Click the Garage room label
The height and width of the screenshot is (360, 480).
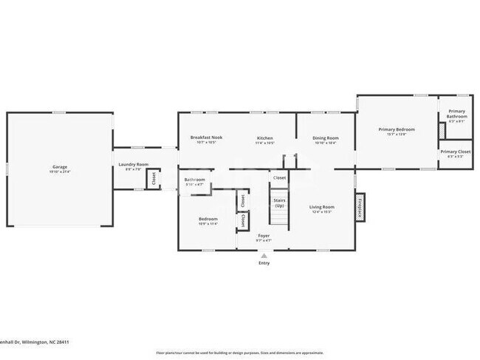point(60,166)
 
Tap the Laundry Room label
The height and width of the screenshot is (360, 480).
point(134,164)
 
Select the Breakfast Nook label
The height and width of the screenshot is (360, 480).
point(206,137)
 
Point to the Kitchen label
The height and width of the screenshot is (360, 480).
point(265,137)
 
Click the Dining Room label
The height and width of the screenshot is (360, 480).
point(325,137)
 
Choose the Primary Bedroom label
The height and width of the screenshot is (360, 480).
point(397,129)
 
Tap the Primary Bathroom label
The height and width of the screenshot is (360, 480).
point(456,114)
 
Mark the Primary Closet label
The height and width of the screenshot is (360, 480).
point(455,152)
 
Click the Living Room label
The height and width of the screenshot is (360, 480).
point(321,207)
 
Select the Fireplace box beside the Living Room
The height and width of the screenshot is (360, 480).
point(360,207)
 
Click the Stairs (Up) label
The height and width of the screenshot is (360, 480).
point(279,203)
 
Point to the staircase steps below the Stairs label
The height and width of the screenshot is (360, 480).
point(278,220)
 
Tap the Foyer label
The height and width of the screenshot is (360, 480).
point(264,236)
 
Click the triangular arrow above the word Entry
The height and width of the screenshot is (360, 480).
point(264,256)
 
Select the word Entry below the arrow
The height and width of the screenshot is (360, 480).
point(264,263)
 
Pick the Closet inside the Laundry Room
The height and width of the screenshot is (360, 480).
point(154,179)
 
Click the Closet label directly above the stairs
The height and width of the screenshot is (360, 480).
point(279,178)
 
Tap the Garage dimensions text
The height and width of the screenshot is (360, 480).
point(60,171)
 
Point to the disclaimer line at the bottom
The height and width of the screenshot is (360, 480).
point(239,353)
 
